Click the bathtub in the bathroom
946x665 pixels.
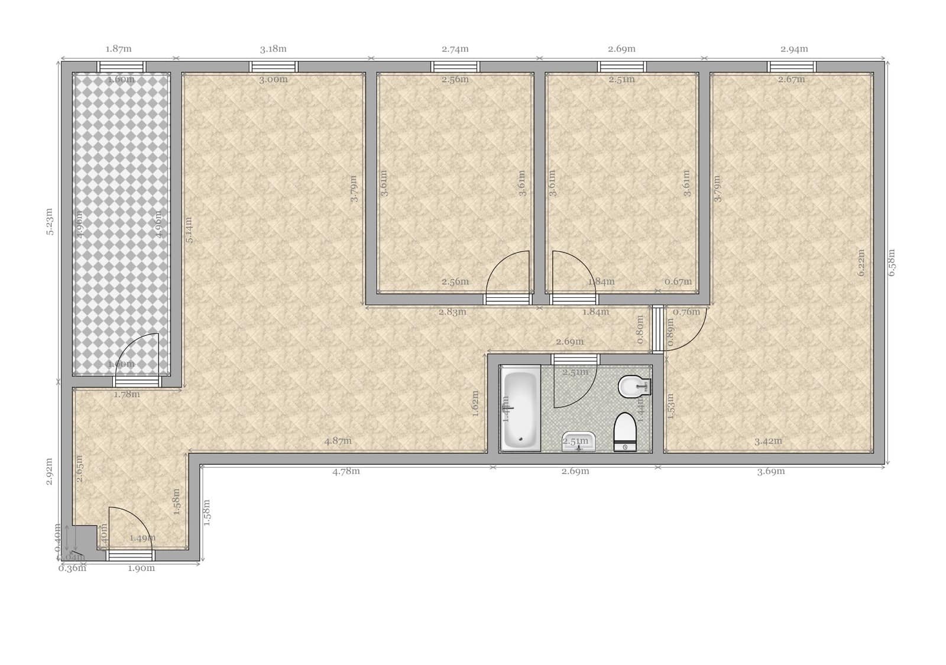520,408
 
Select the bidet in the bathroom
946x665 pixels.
632,387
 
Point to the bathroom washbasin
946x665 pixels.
579,442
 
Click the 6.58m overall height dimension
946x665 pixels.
892,262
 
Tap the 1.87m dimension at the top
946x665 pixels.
118,49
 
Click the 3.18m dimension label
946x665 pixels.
273,49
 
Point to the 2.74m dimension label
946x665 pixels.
455,49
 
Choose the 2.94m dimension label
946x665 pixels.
794,49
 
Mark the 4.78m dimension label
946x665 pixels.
346,471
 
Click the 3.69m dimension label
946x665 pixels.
771,471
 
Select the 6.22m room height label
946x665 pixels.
861,262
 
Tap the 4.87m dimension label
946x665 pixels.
338,440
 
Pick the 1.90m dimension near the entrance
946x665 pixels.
141,568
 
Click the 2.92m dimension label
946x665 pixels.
50,471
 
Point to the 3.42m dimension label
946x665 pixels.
768,440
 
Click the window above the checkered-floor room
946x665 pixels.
121,66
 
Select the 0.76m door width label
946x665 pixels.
686,312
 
